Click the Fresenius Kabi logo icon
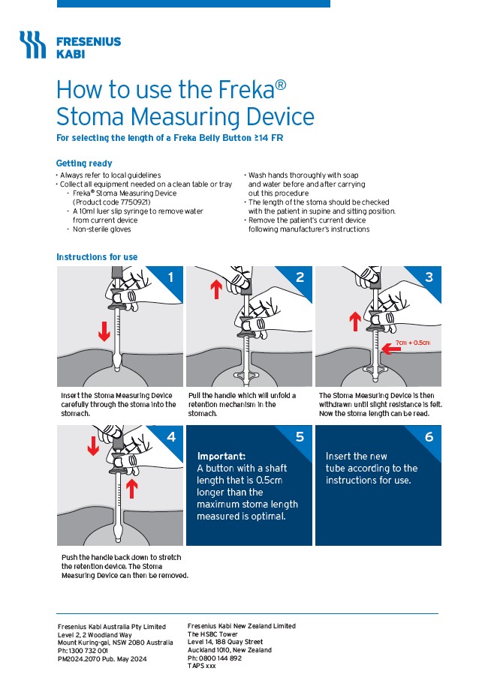tap(32, 45)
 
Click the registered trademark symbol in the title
tap(280, 85)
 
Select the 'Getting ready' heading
tap(84, 163)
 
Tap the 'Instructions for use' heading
tap(97, 257)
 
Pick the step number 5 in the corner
tap(299, 436)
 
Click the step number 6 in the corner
tap(428, 436)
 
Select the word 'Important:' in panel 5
tap(221, 456)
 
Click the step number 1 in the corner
tap(170, 277)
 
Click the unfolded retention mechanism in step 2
tap(248, 372)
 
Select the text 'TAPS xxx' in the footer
tap(201, 666)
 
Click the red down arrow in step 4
tap(93, 448)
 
